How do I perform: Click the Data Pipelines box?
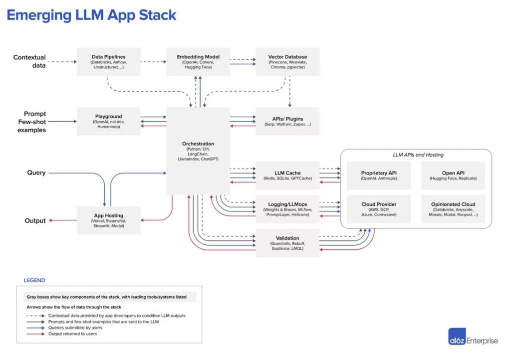tap(108, 62)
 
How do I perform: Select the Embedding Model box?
tap(198, 62)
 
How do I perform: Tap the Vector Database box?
tap(288, 62)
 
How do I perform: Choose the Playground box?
tap(108, 121)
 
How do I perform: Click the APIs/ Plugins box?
tap(288, 121)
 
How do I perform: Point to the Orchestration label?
tap(198, 144)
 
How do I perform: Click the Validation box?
tap(288, 243)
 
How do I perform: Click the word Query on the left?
tap(36, 173)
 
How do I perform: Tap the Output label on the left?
tap(35, 220)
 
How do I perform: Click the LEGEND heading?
tap(34, 280)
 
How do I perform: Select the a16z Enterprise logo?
tap(472, 341)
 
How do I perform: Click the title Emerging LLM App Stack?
tap(91, 15)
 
